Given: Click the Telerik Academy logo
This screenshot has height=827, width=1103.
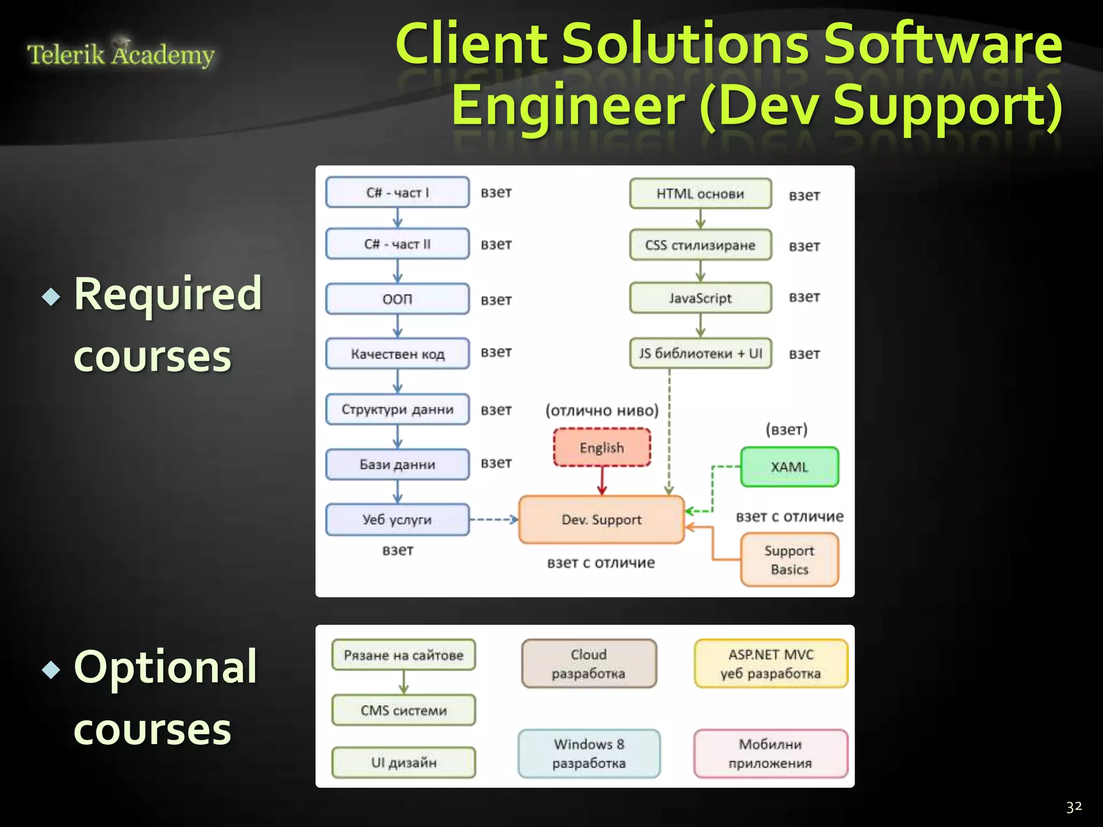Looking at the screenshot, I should [121, 54].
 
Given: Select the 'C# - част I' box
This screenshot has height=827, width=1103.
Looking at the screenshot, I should [397, 192].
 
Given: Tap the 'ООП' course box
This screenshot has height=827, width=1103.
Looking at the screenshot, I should [397, 299].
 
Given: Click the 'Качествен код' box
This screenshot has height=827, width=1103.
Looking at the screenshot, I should [397, 354].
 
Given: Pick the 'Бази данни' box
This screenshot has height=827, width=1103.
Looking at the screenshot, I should [397, 464].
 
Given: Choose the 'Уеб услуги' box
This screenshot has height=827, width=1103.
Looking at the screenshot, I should [397, 520].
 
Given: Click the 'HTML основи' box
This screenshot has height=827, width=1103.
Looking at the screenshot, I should [700, 193].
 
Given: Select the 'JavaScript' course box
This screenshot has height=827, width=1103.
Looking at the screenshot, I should [700, 298].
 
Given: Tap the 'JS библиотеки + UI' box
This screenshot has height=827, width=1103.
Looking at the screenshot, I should [700, 353].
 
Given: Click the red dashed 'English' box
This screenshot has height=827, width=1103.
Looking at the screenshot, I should [602, 447].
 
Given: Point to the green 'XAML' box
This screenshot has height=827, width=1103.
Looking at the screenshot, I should [789, 467].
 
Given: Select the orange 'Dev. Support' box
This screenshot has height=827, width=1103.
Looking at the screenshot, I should [601, 520].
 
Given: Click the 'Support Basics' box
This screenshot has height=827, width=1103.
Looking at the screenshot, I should [789, 560].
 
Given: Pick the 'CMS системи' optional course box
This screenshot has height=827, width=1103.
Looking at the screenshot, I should [403, 710].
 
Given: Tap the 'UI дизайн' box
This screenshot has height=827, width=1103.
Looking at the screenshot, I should [403, 762].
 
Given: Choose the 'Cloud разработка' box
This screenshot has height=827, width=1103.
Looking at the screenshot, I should [589, 663].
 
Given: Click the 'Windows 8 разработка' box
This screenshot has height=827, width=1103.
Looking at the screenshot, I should [589, 753].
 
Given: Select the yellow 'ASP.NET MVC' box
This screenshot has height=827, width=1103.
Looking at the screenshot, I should [771, 663].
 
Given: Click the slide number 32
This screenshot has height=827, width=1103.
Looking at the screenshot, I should [1073, 807].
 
